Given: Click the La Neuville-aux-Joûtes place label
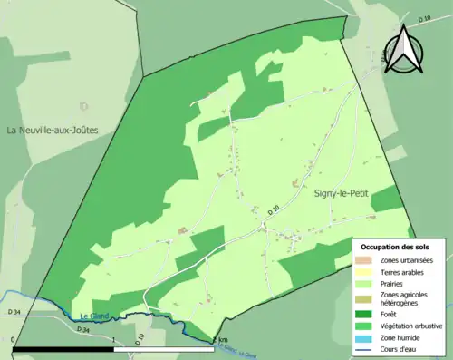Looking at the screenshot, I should coord(52,131).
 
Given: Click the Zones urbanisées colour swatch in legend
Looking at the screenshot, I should coord(367,260).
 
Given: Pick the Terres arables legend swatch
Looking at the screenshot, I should coord(367,272).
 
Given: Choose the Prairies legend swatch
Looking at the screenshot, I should coord(367,283).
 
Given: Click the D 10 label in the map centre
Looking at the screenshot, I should coord(273,211).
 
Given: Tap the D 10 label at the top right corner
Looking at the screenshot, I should coord(423,18).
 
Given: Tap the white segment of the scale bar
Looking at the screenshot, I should coord(163,348).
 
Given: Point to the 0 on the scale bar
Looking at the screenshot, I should coord(14,340).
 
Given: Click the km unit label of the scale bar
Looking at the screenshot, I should coord(222,340).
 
